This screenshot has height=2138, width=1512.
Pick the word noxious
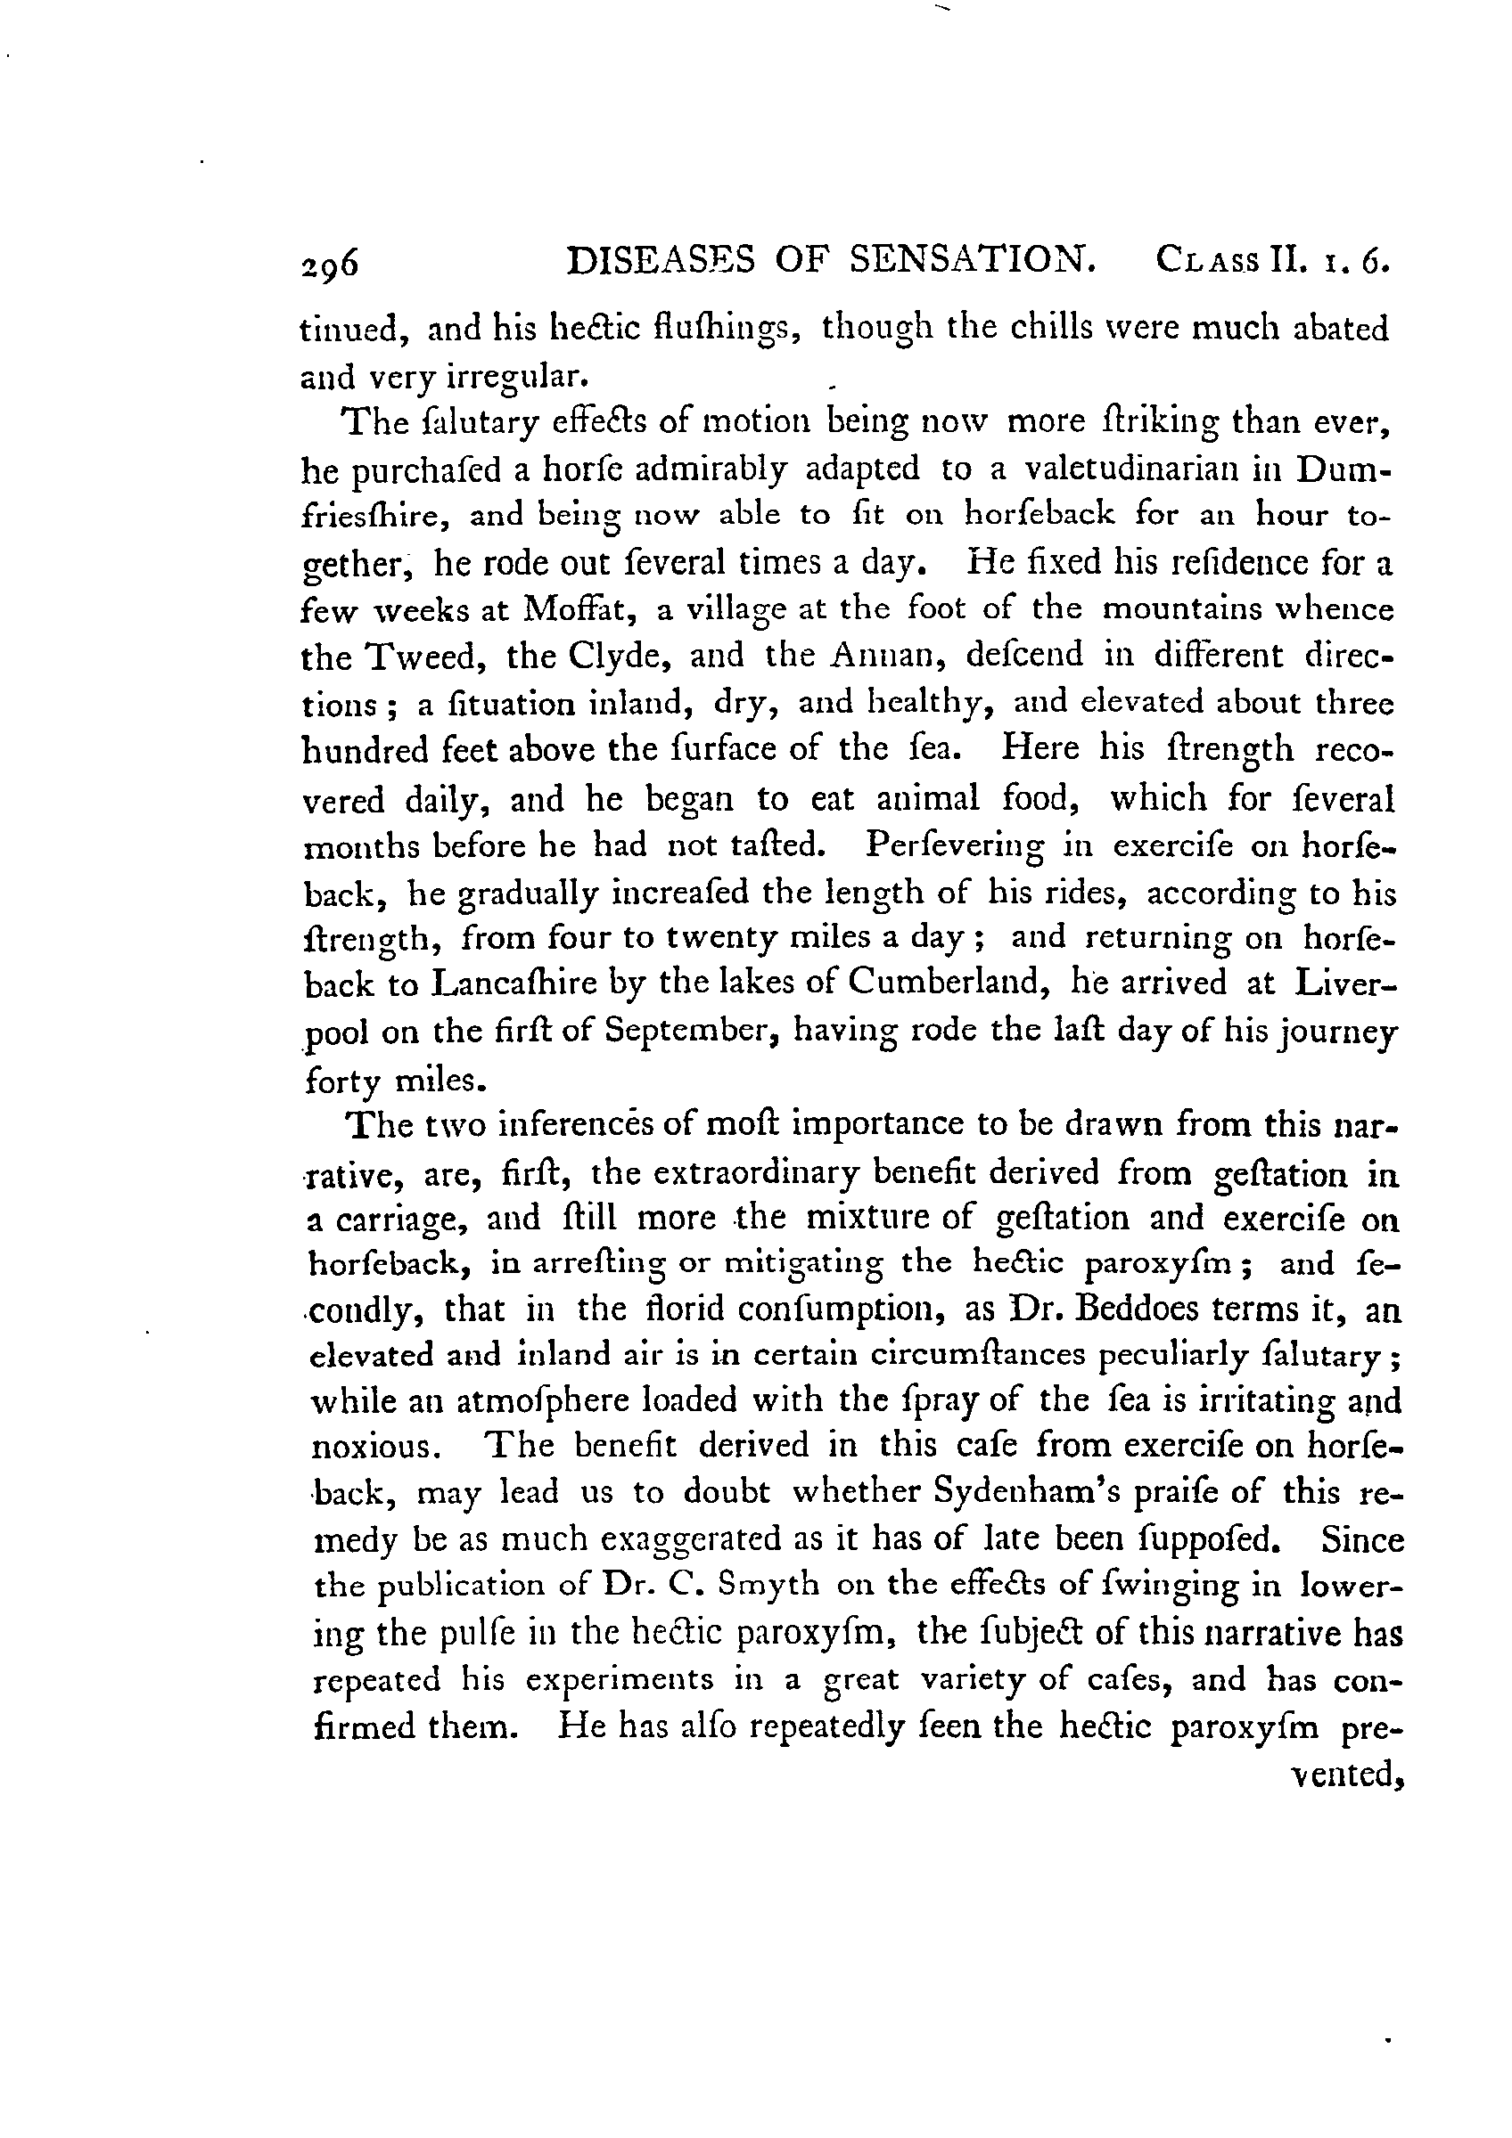[x=369, y=1448]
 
